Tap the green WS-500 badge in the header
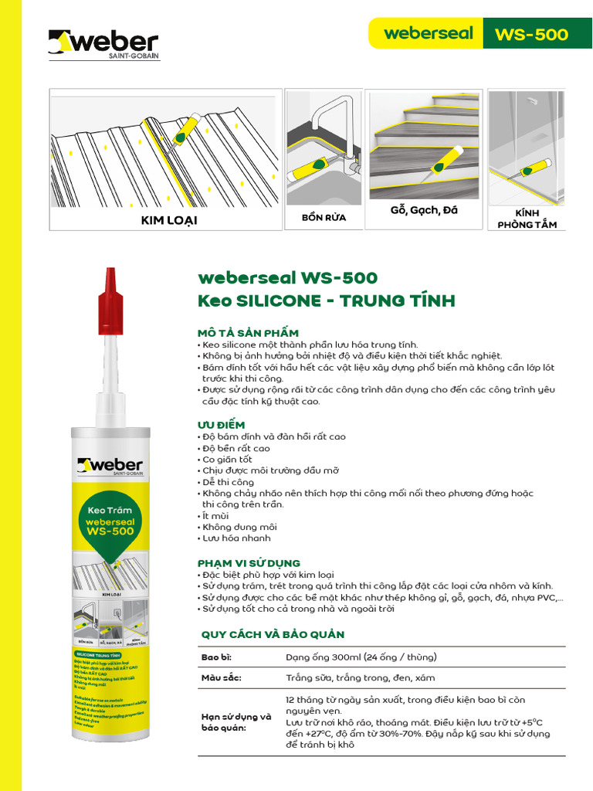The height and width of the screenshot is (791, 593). coord(532,34)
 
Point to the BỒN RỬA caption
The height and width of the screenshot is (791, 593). coord(324,218)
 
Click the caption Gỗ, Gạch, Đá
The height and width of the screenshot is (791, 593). coord(424,211)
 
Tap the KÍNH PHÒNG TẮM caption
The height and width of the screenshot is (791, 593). coord(527,219)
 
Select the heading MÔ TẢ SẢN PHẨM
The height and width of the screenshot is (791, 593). coord(248,332)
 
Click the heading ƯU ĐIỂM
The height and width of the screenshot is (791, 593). coord(222,425)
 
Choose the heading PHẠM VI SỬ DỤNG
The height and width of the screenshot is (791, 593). coord(249,563)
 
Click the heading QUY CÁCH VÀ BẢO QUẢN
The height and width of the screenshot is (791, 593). coord(273,634)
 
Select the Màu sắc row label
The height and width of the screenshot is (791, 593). coord(221,677)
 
